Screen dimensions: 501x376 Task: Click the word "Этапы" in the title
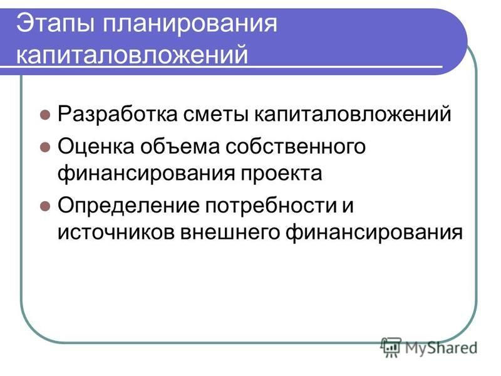[55, 23]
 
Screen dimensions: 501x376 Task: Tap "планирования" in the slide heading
[190, 24]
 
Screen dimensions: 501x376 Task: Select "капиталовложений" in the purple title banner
[132, 54]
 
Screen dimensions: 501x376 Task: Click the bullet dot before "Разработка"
[45, 115]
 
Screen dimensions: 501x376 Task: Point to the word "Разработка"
[118, 113]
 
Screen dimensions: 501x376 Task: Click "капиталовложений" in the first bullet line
[353, 113]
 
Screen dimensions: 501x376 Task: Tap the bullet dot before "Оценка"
[45, 147]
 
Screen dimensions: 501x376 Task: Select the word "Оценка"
[96, 147]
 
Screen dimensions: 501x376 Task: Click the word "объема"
[180, 147]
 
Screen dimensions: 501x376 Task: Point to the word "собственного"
[296, 147]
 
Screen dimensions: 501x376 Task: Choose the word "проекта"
[281, 174]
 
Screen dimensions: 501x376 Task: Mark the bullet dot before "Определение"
[45, 206]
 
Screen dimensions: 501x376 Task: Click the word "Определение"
[128, 206]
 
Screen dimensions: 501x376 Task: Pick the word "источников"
[116, 232]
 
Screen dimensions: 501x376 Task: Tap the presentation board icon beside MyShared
[391, 348]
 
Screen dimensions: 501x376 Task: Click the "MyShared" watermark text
[442, 348]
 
